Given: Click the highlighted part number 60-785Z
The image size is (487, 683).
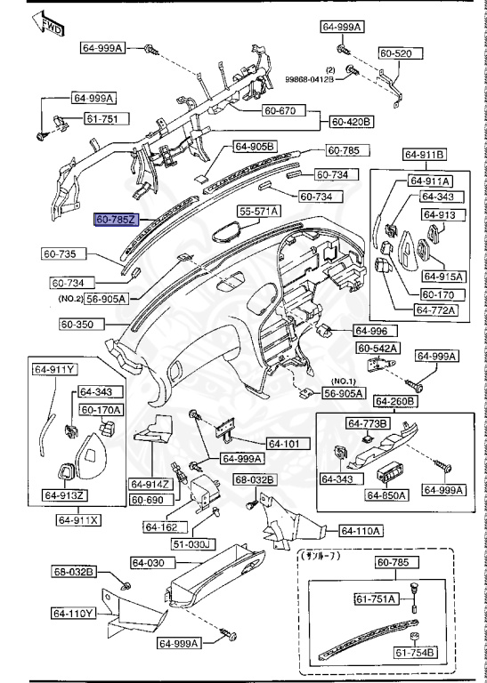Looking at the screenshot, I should point(115,218).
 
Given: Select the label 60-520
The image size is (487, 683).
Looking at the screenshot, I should point(395,54).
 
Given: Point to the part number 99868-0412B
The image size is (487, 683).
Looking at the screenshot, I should point(309,79).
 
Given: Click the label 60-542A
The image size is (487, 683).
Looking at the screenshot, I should point(378,348).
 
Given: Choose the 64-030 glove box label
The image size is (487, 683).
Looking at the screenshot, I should point(150,562).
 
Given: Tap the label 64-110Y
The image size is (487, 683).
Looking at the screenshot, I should point(74,613).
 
